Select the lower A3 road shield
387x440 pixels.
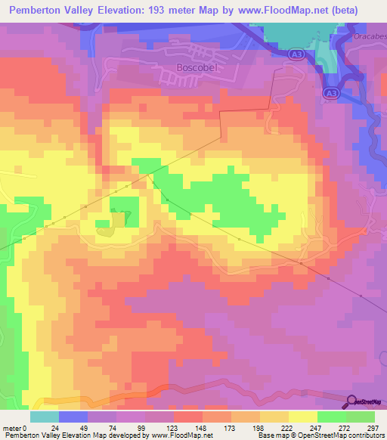329,92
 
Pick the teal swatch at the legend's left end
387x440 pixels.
45,417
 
